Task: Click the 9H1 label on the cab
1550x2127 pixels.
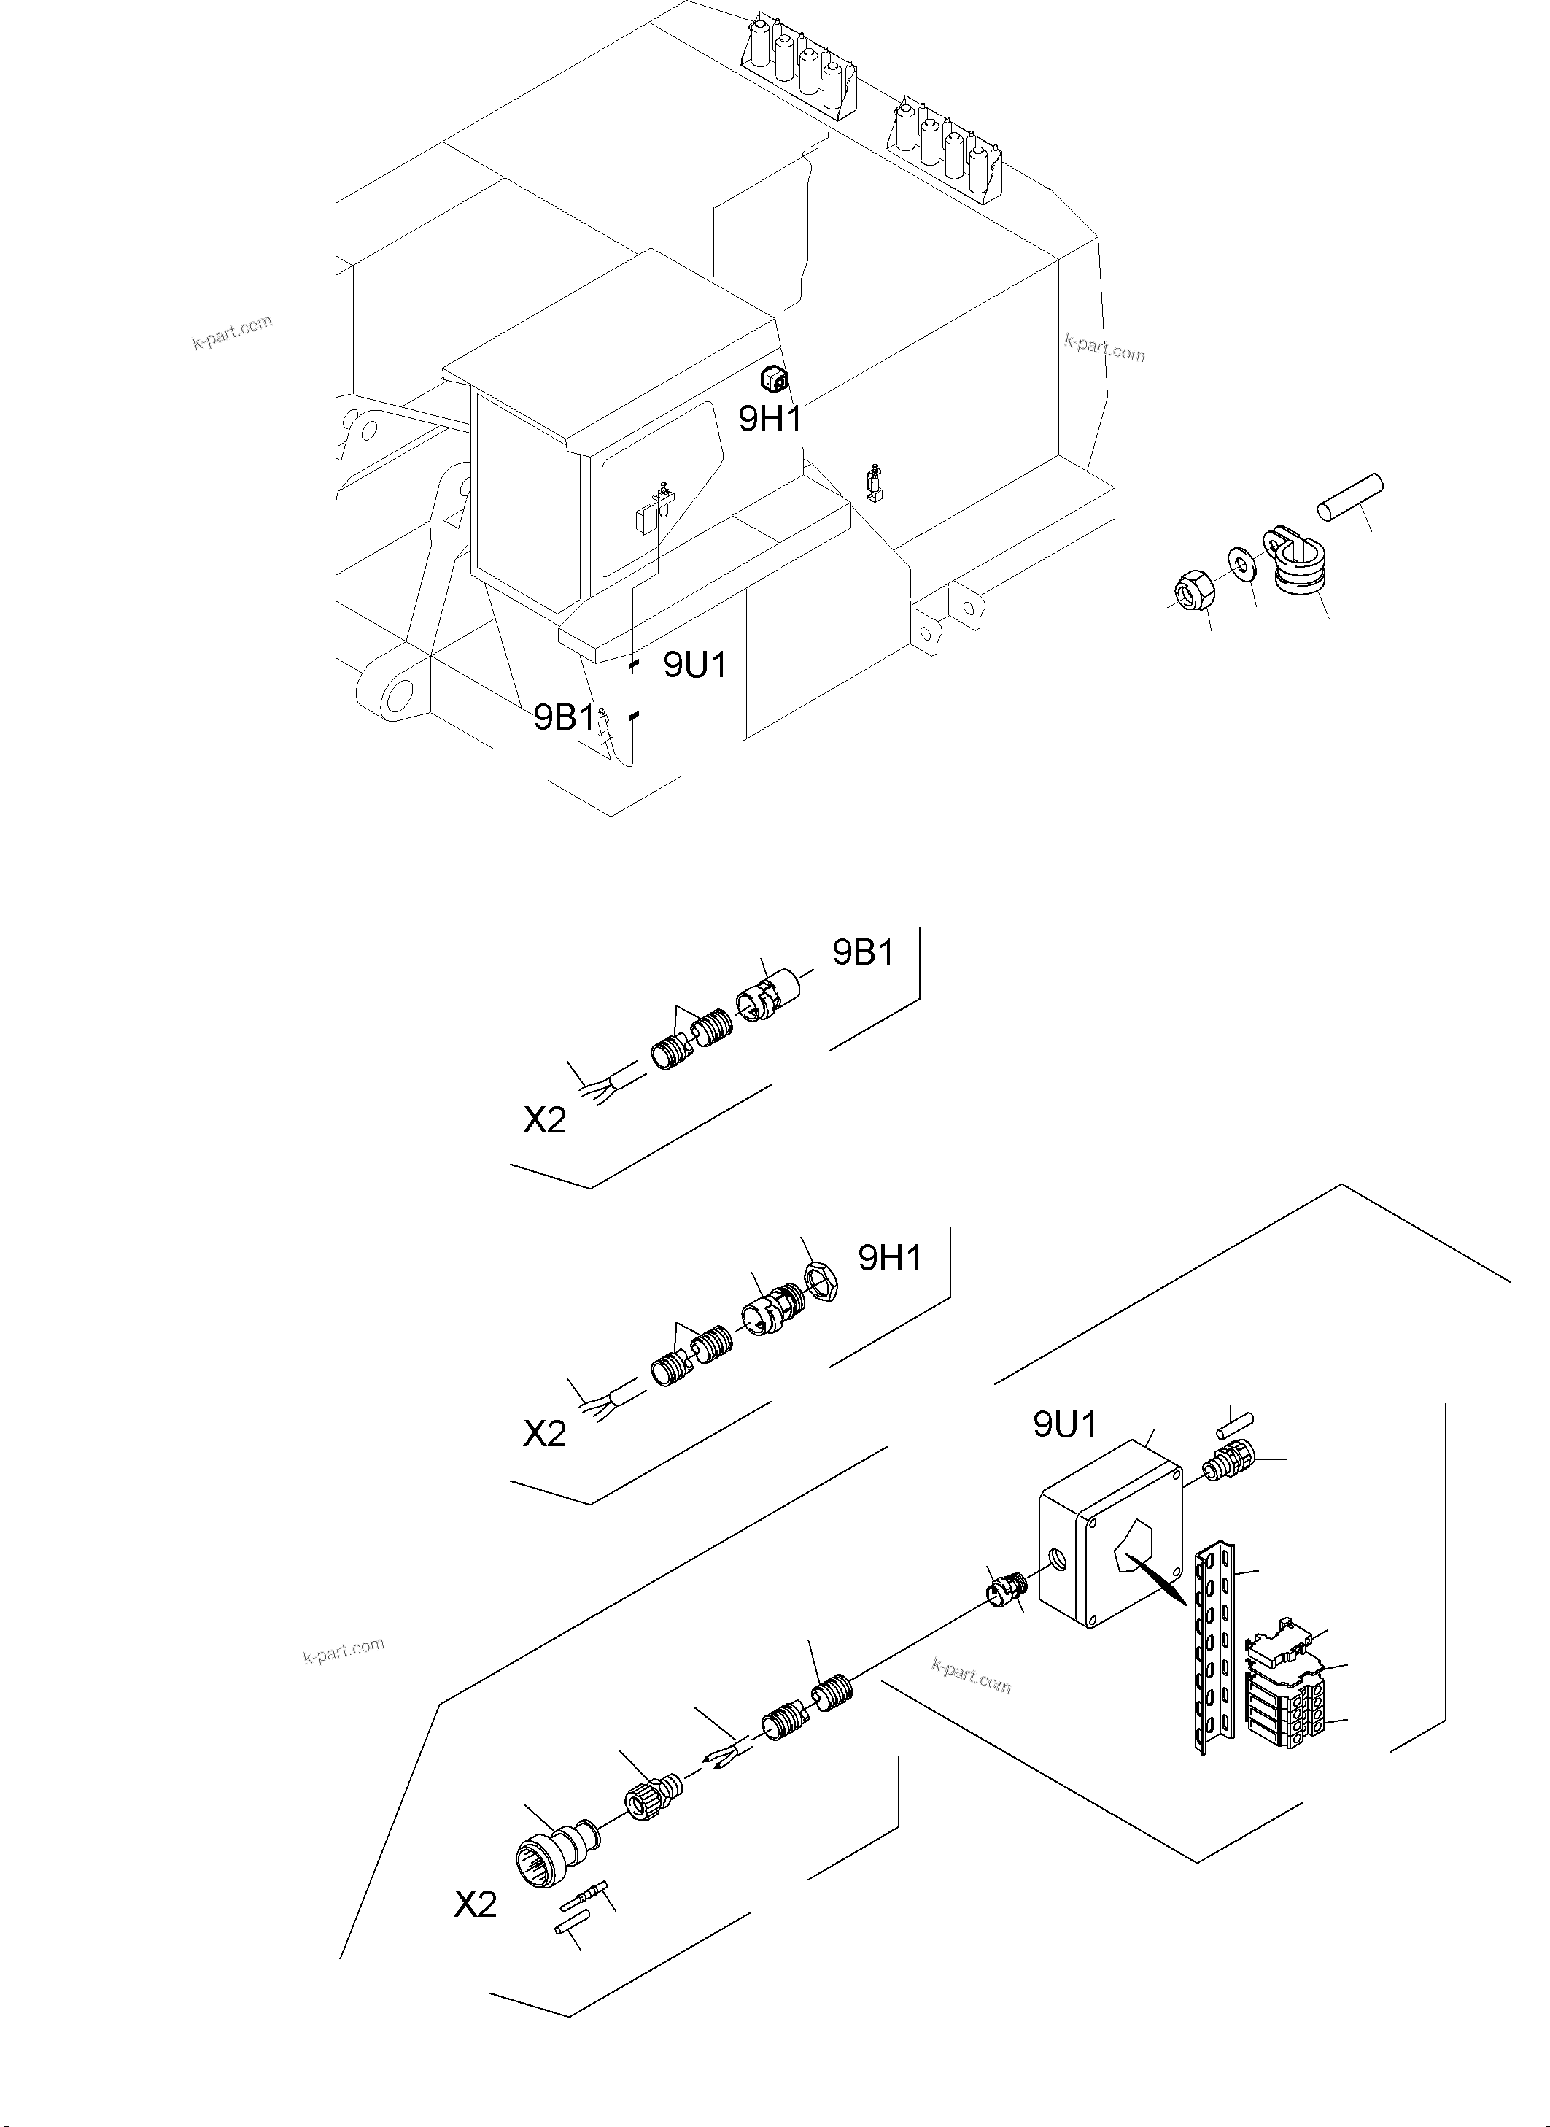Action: click(770, 419)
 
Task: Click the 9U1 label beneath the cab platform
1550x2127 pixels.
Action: click(695, 665)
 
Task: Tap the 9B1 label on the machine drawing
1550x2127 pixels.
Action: click(564, 718)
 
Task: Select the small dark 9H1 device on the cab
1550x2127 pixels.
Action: click(773, 379)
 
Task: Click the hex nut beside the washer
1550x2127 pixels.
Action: click(1196, 590)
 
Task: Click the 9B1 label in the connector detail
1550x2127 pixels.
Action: click(863, 953)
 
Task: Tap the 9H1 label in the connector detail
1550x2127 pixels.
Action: click(889, 1258)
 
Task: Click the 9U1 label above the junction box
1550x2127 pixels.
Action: click(1064, 1425)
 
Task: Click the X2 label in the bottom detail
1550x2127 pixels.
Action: click(476, 1904)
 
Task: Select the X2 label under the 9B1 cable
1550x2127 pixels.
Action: click(544, 1120)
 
